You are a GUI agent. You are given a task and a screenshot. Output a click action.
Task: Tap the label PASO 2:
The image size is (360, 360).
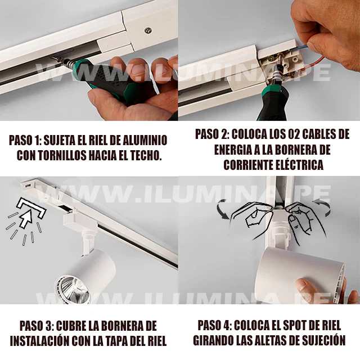tap(213, 135)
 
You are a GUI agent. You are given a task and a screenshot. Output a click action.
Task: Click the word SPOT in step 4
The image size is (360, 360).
tap(295, 326)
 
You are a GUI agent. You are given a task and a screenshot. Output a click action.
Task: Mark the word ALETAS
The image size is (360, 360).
tap(264, 341)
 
